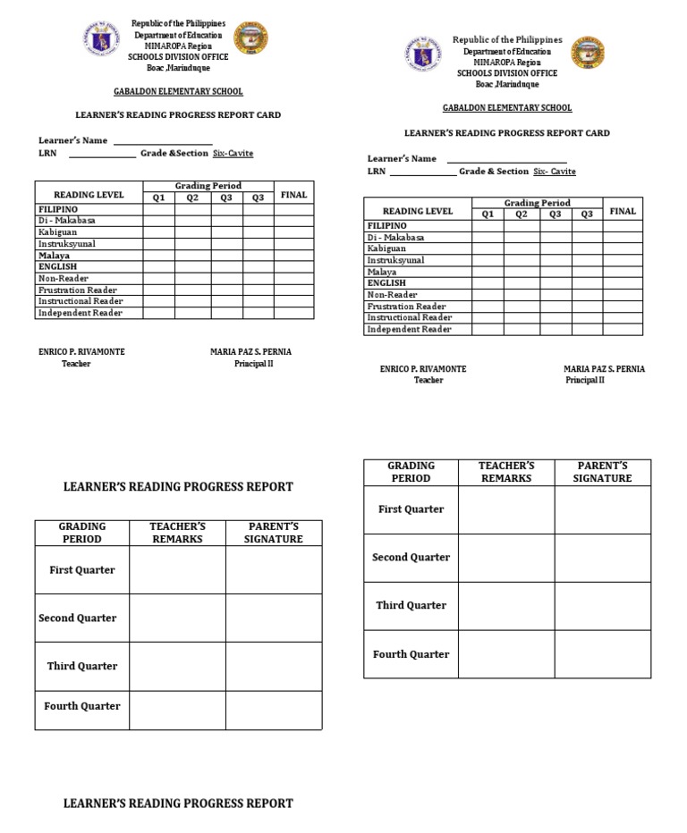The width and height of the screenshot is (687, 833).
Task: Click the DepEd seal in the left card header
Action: (x=104, y=39)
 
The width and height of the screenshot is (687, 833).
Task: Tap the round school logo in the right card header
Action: (x=589, y=54)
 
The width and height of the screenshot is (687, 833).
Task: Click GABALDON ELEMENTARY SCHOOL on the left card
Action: (x=178, y=91)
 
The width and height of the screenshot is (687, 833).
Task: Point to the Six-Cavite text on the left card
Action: (x=233, y=153)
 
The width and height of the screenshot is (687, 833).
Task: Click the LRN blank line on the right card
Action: (x=423, y=172)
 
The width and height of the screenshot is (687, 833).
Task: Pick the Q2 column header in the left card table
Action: (x=191, y=198)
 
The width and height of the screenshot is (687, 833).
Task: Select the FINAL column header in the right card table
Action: (x=623, y=211)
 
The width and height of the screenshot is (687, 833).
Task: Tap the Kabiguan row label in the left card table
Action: (x=58, y=231)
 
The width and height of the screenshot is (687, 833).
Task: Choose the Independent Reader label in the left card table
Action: (x=80, y=313)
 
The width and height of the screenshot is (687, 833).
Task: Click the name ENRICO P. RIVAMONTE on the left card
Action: (x=81, y=352)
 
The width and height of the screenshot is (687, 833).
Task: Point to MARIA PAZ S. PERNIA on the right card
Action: (x=604, y=369)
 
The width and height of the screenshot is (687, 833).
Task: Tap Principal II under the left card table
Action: (x=250, y=364)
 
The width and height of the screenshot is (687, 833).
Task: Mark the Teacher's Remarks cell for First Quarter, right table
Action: (x=505, y=509)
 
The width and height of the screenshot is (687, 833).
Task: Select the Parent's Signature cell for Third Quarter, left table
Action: (x=273, y=666)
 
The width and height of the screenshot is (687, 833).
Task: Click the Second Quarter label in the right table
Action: (x=411, y=558)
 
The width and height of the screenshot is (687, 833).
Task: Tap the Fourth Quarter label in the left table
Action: (x=82, y=706)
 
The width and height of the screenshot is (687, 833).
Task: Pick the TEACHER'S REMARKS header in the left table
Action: (x=177, y=533)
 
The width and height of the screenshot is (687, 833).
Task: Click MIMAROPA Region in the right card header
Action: (x=507, y=63)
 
